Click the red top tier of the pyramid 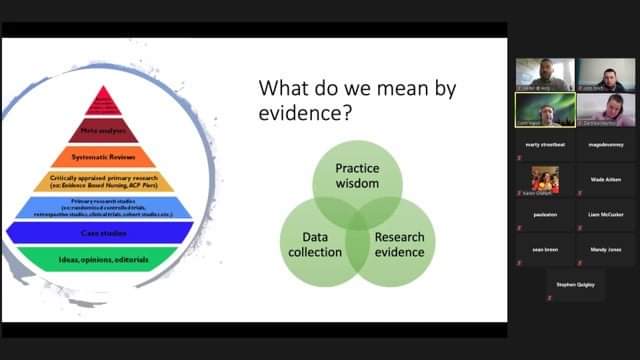[x=104, y=103]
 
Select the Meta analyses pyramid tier [x=104, y=129]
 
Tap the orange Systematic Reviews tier [x=104, y=156]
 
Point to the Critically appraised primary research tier [x=104, y=181]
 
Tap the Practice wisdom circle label [x=357, y=177]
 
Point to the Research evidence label [x=399, y=245]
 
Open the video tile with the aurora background [x=544, y=108]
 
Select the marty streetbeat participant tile [x=544, y=144]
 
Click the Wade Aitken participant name [x=604, y=180]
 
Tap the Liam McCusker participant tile [x=604, y=215]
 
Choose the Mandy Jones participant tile [x=604, y=250]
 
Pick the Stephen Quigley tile [x=574, y=285]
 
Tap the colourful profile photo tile [x=544, y=180]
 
